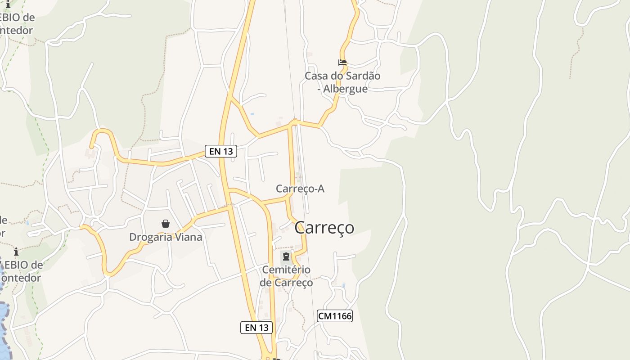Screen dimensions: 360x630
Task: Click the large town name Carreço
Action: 324,228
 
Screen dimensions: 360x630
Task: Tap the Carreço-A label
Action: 300,189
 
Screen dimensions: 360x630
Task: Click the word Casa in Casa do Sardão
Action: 316,76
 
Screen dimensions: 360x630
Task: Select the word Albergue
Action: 345,89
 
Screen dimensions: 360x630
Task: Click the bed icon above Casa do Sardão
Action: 342,63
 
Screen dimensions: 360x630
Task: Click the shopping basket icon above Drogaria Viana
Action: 166,224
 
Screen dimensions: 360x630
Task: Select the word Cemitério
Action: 286,270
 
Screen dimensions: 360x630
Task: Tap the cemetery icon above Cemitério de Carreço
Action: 286,257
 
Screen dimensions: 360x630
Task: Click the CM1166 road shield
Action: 334,316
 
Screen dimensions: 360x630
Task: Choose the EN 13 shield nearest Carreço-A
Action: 221,151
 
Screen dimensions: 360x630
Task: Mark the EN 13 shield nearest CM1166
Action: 256,328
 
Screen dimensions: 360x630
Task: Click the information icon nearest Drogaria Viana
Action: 16,252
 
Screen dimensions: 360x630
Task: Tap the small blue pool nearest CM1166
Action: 343,285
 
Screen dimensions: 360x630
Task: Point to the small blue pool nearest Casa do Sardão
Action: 252,114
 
